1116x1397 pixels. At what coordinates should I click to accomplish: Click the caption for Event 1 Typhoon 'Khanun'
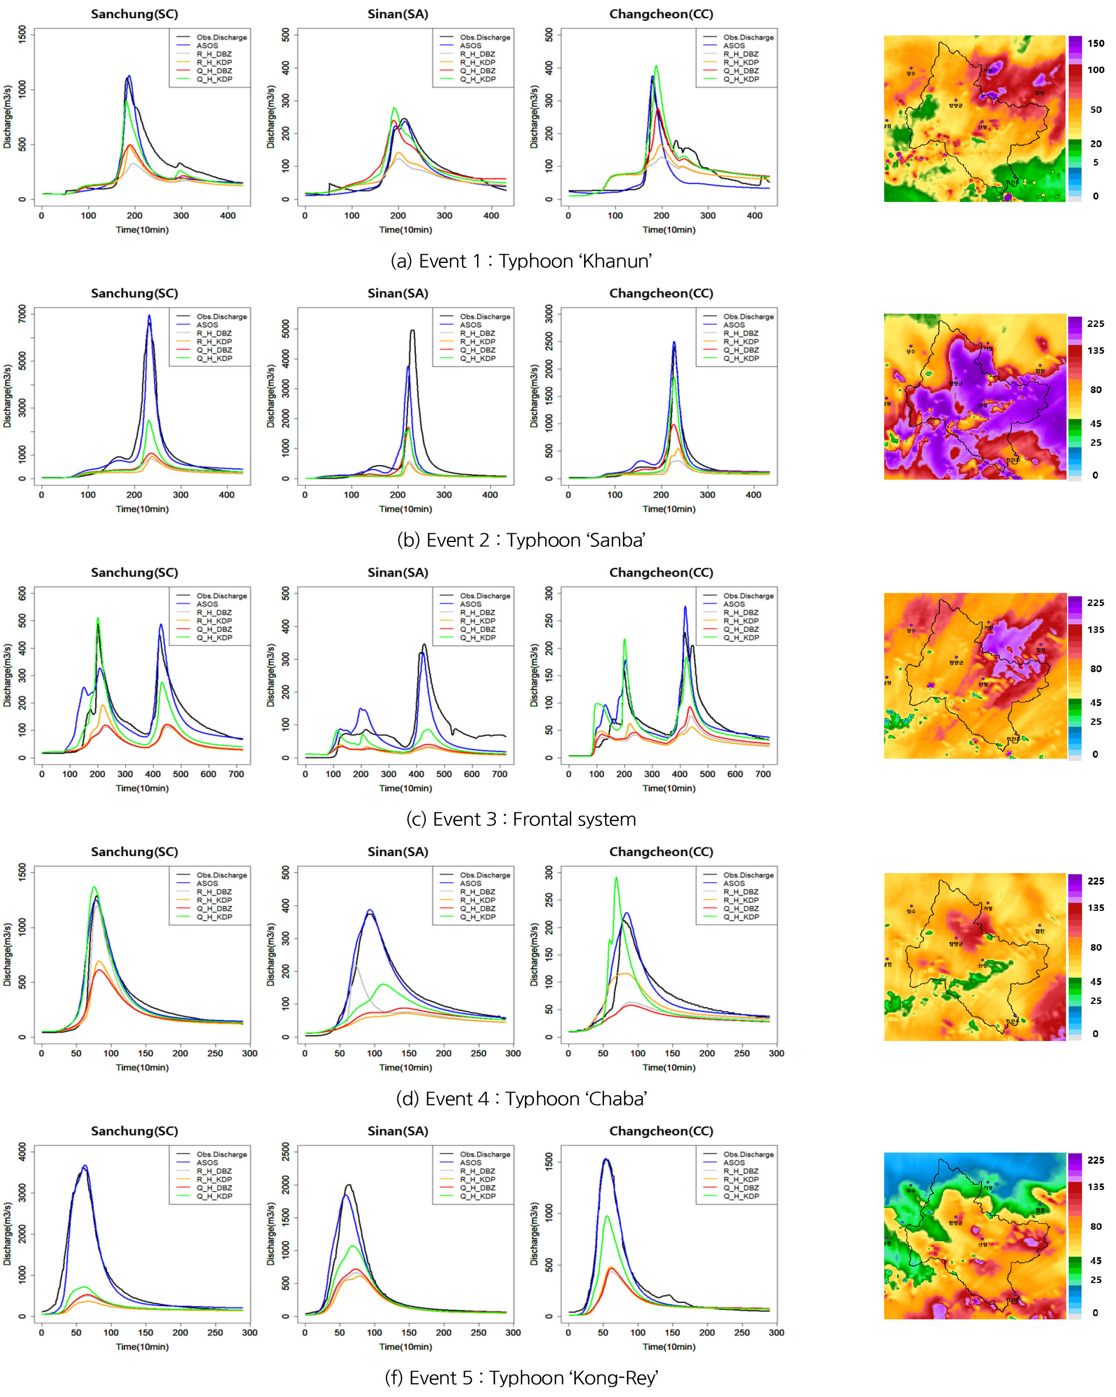click(x=521, y=261)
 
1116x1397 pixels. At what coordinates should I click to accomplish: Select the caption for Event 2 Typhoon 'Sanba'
click(x=521, y=540)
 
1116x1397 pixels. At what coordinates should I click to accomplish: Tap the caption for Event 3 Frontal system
click(x=521, y=819)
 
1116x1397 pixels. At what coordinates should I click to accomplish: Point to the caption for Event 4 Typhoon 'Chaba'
click(x=521, y=1099)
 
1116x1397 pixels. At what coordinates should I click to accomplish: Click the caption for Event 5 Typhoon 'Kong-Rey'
click(x=521, y=1378)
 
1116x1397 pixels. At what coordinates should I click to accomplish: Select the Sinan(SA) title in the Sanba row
click(x=398, y=294)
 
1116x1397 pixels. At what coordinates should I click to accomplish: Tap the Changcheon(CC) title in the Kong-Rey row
click(x=661, y=1131)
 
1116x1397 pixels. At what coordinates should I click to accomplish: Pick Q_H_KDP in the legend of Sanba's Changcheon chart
click(x=741, y=358)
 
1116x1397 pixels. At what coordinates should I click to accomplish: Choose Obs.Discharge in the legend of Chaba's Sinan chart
click(x=485, y=875)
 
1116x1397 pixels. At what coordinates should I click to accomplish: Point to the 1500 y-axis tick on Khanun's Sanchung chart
click(x=23, y=34)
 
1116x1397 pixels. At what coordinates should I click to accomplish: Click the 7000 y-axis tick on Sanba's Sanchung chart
click(x=23, y=313)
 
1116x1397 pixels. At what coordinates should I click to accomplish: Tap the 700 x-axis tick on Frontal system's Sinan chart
click(x=500, y=774)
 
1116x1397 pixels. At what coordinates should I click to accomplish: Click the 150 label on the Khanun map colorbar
click(x=1095, y=44)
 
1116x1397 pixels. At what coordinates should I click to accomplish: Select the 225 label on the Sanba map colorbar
click(x=1095, y=323)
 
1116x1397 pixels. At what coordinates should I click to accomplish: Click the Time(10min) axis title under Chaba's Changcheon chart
click(x=669, y=1067)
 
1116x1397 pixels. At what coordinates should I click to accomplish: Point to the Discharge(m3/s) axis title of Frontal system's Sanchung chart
click(x=8, y=675)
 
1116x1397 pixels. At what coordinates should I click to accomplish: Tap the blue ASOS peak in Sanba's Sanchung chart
click(x=149, y=316)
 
